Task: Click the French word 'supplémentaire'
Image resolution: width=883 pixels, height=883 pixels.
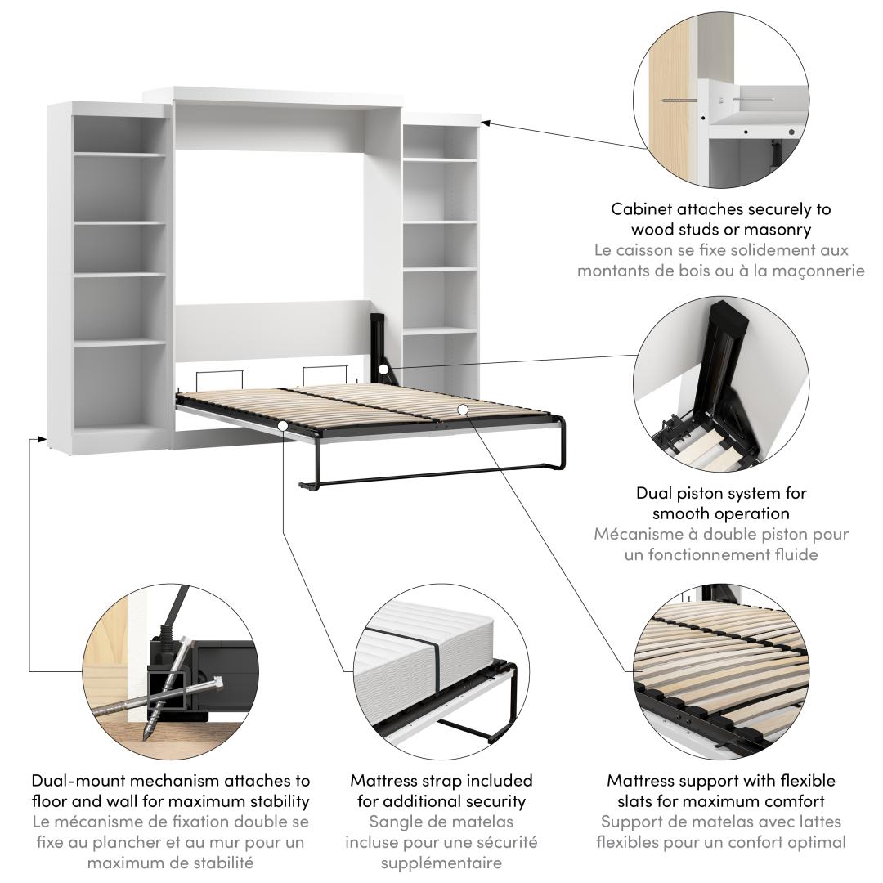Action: point(441,863)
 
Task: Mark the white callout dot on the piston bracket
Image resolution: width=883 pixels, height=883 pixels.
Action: point(383,370)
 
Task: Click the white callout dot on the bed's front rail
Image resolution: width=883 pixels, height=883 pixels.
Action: point(283,425)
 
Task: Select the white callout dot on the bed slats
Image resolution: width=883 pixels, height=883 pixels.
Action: point(462,410)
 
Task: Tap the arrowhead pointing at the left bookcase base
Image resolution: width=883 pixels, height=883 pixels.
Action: point(41,437)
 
